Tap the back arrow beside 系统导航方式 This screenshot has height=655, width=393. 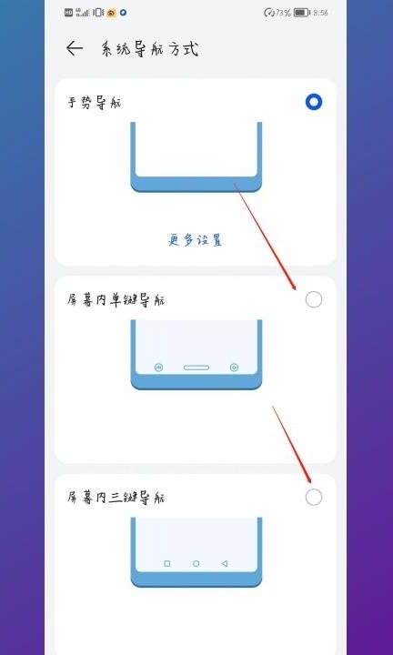pos(75,49)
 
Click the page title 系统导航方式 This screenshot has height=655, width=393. pos(149,49)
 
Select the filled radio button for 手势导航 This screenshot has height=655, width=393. pos(314,102)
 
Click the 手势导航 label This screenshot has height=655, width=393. pos(95,102)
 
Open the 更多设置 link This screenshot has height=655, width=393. pos(196,239)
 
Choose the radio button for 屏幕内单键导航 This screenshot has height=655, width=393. pos(314,299)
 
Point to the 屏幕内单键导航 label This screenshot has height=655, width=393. pos(116,299)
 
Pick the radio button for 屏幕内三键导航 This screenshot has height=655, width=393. pos(314,497)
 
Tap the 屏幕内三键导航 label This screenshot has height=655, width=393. pos(116,498)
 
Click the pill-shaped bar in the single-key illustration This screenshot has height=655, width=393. pos(196,368)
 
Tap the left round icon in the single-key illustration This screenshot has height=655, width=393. pos(158,368)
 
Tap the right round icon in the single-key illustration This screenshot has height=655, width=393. pos(235,368)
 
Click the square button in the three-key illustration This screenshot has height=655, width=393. pos(167,564)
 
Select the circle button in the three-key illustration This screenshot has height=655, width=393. pos(196,564)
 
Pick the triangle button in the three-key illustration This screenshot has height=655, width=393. pos(225,564)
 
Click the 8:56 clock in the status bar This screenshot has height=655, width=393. pos(320,13)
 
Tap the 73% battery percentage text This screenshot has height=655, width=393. pos(282,13)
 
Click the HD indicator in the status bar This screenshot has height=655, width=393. pos(69,13)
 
